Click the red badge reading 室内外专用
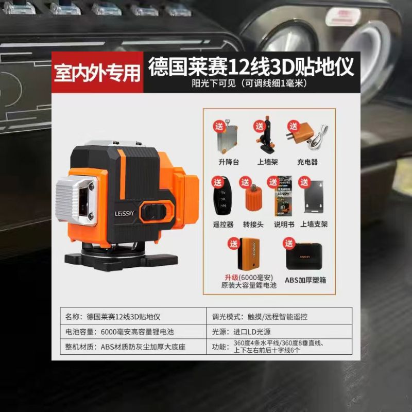(97, 73)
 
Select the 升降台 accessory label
(229, 162)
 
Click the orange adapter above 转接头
(251, 198)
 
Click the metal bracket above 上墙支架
(314, 199)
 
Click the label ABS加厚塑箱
(305, 280)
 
